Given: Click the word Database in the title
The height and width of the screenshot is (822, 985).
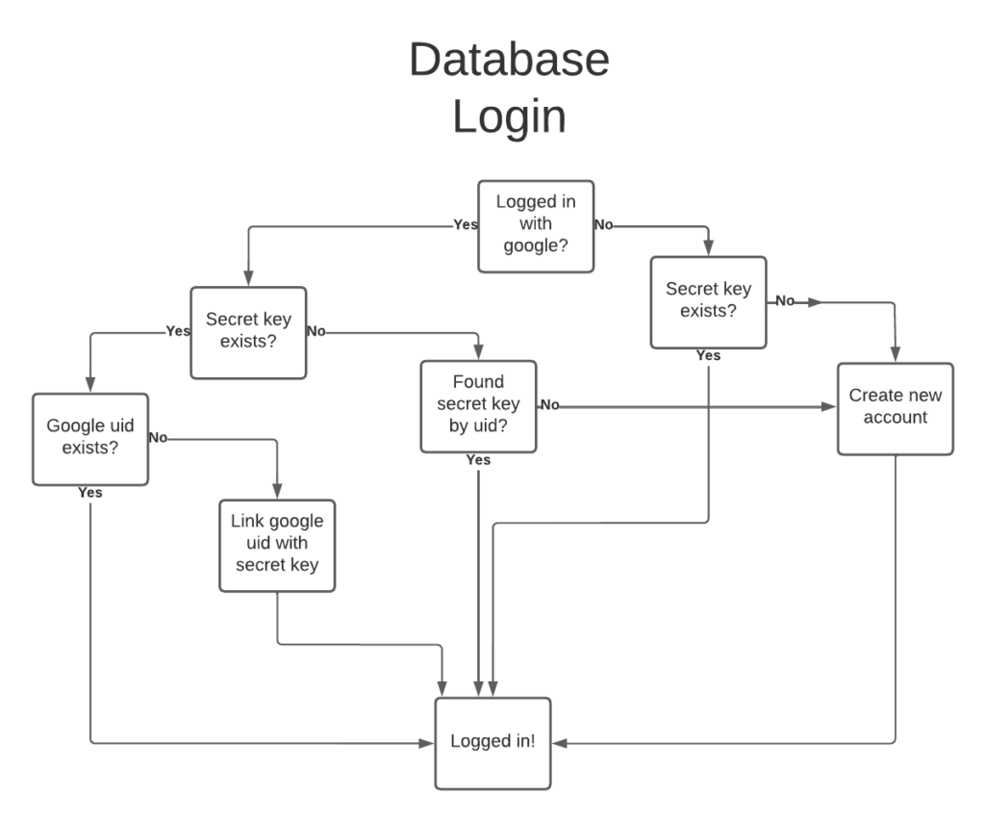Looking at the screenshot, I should [509, 60].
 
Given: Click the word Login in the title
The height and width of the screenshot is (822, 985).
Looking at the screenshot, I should [509, 117].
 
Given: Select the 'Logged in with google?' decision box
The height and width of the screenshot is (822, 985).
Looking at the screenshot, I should [536, 226].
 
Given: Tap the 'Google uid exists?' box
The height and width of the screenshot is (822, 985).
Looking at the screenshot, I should [90, 439].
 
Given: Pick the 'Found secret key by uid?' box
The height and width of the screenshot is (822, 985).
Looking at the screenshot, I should [478, 405].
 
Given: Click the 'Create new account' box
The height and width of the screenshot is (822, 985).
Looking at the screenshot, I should [895, 408].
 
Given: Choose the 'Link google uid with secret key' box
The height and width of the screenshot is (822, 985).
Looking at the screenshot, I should [277, 546].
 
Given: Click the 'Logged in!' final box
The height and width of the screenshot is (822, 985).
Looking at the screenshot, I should [493, 743].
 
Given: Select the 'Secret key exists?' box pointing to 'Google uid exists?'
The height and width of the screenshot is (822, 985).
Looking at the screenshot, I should [248, 332].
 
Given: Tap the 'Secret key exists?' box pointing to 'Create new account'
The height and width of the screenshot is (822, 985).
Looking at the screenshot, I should [708, 302].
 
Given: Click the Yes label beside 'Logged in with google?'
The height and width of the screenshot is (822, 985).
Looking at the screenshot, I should [466, 225].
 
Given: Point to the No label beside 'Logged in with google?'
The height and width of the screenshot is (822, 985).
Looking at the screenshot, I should [604, 225].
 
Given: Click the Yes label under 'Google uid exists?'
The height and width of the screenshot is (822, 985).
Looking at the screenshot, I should [89, 493].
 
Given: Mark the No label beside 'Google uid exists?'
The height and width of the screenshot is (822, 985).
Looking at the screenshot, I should [159, 438].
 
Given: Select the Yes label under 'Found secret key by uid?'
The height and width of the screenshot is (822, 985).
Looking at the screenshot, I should [478, 460].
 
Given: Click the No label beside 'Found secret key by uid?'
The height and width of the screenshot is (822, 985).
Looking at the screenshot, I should [549, 405].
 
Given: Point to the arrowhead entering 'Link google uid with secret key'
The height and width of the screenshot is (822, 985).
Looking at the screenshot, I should [277, 492].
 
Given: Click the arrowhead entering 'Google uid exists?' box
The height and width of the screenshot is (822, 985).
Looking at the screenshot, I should [90, 386].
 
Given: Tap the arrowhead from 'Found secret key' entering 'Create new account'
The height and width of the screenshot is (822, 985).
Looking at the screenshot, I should [829, 407].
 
